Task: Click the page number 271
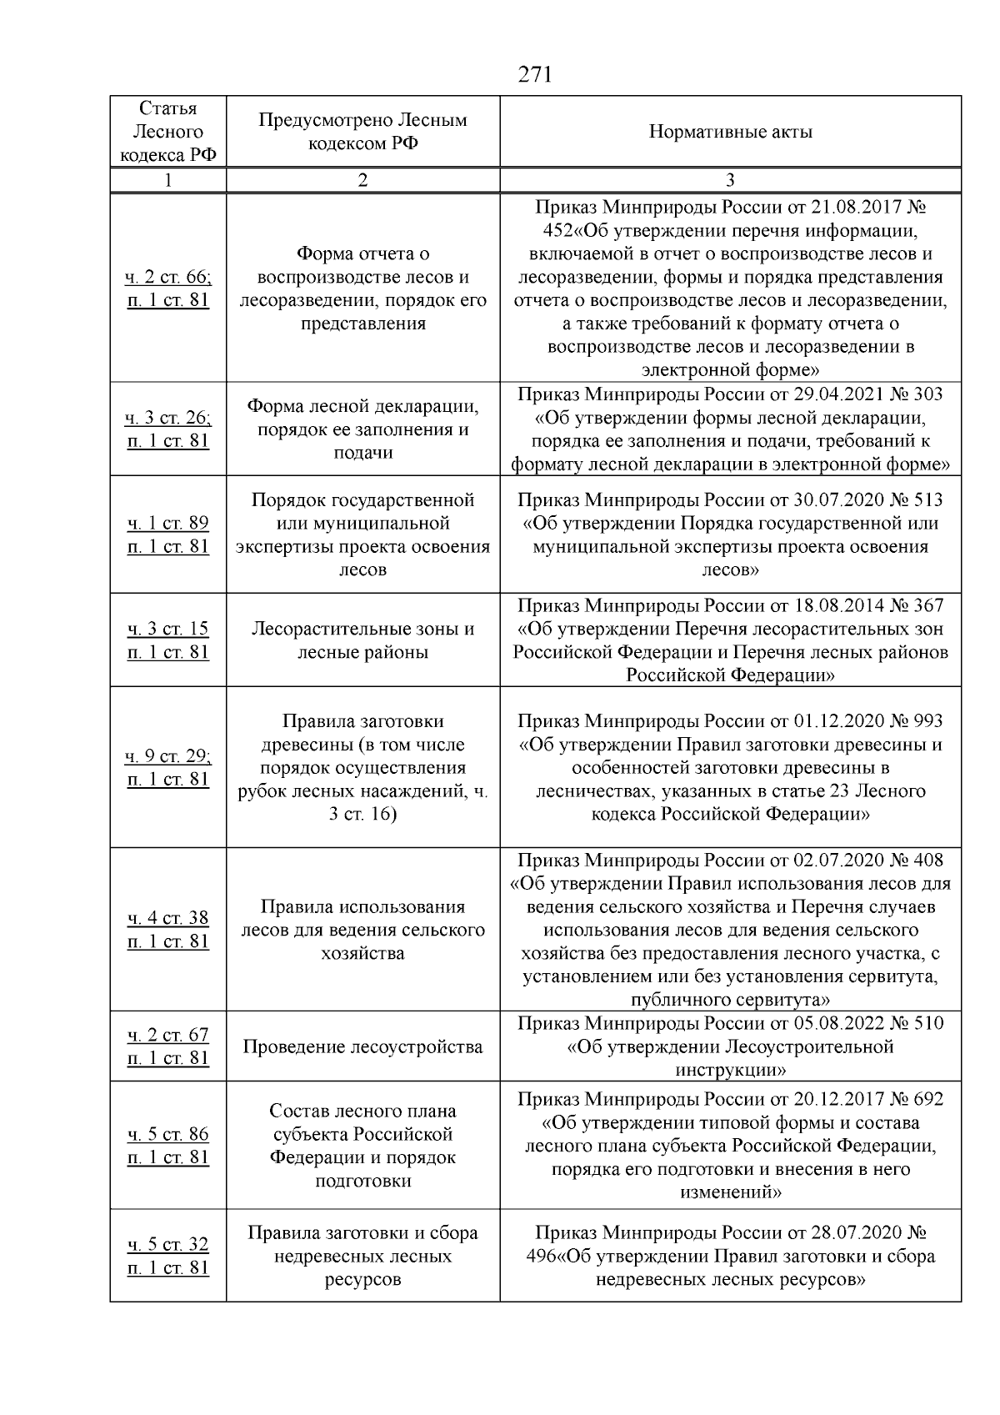(x=535, y=75)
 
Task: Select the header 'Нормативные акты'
(x=730, y=132)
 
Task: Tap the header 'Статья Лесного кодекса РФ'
(x=168, y=132)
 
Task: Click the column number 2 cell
(x=362, y=180)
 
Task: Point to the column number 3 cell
(x=730, y=180)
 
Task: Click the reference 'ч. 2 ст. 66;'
(x=168, y=277)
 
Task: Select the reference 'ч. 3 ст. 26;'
(x=168, y=418)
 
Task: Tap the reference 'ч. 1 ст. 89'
(x=168, y=523)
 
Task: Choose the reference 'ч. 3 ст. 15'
(x=168, y=629)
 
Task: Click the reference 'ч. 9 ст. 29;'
(x=168, y=756)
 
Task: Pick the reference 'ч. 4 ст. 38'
(x=168, y=918)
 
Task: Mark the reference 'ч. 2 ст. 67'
(x=168, y=1035)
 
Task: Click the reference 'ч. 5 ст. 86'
(x=168, y=1134)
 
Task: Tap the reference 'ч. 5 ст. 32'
(x=168, y=1244)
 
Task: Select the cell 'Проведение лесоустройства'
(x=362, y=1046)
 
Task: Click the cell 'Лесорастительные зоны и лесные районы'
(x=362, y=640)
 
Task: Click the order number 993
(x=928, y=721)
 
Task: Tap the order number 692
(x=928, y=1099)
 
